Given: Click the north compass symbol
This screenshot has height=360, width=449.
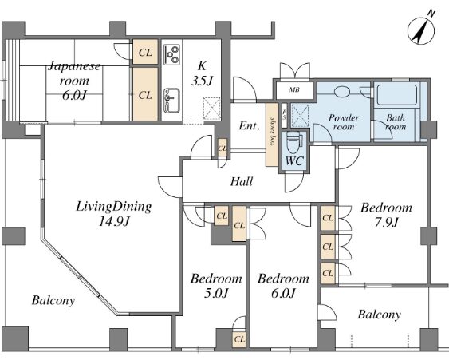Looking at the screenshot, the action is tap(421, 30).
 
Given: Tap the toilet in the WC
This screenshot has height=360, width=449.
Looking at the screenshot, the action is tap(293, 143).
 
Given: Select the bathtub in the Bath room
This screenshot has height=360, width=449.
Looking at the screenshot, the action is tap(397, 95).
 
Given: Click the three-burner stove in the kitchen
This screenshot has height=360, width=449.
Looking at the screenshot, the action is tap(171, 54).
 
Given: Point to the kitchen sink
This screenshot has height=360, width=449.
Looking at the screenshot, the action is tap(171, 101).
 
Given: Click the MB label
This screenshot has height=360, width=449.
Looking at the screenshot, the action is tap(294, 89).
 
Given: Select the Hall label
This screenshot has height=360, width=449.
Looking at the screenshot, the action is tap(242, 182).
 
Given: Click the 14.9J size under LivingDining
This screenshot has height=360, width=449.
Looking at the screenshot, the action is tap(114, 221).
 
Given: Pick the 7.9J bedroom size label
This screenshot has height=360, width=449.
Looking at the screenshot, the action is tap(386, 223).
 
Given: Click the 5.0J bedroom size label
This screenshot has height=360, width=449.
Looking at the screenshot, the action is tap(216, 293).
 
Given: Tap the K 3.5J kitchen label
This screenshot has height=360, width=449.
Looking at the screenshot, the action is tap(202, 73).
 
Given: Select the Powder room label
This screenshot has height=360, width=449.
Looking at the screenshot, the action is tap(344, 122).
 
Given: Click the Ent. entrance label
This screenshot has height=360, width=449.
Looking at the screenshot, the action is tap(250, 125).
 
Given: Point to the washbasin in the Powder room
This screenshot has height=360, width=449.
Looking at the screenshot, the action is tap(342, 92).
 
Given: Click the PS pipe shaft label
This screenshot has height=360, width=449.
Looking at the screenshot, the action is tap(285, 115).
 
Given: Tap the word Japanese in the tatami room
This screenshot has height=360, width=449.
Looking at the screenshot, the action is tap(74, 66).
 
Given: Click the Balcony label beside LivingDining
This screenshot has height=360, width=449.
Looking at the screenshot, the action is tap(53, 301).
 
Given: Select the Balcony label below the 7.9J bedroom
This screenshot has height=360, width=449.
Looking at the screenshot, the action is tap(379, 315).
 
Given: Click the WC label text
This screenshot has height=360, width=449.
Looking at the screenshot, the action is tap(294, 161).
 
